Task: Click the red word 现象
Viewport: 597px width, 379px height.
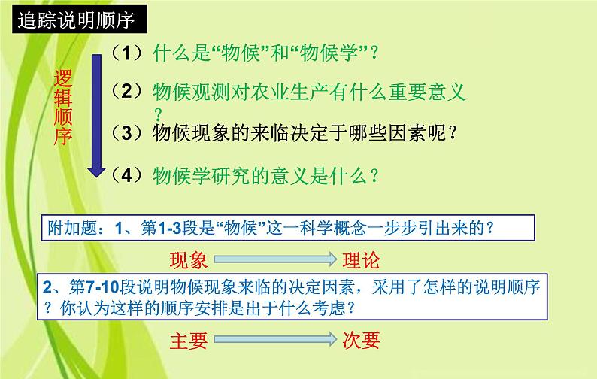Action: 187,259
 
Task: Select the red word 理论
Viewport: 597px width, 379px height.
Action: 362,259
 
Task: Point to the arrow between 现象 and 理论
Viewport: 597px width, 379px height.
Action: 274,260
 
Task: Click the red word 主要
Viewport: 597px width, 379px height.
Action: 187,340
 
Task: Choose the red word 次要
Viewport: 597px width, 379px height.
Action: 362,340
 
